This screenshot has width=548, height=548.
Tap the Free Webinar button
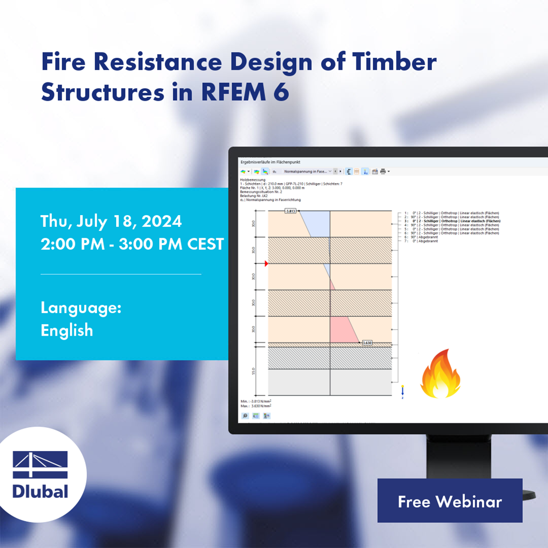pyautogui.click(x=450, y=501)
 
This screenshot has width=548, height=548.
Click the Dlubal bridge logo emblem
pyautogui.click(x=40, y=465)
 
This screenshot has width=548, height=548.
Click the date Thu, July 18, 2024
pyautogui.click(x=111, y=221)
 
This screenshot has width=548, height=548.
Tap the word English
pyautogui.click(x=67, y=330)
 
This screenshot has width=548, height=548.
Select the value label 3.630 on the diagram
pyautogui.click(x=367, y=342)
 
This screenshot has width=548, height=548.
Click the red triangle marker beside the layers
pyautogui.click(x=265, y=264)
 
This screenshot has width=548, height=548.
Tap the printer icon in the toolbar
pyautogui.click(x=383, y=171)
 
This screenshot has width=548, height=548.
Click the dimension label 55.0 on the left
pyautogui.click(x=254, y=371)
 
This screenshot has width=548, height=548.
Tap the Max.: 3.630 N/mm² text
pyautogui.click(x=256, y=406)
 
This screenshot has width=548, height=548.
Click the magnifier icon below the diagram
pyautogui.click(x=245, y=416)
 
